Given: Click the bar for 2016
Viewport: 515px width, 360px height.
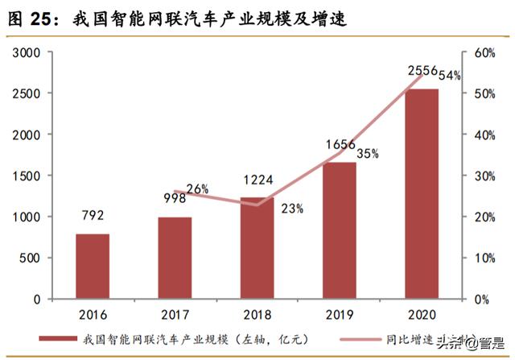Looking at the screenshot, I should (92, 267).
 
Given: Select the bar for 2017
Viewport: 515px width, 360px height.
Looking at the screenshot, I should (175, 258).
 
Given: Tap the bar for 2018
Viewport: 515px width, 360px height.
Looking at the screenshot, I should (257, 248).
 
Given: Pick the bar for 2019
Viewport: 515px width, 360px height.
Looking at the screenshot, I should (340, 230).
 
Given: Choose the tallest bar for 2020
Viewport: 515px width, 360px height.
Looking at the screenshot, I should (422, 193).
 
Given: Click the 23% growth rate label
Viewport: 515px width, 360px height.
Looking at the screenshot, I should (292, 209).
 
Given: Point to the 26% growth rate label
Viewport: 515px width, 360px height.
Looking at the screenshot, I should (197, 189).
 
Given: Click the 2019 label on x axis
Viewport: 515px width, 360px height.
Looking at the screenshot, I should (340, 314).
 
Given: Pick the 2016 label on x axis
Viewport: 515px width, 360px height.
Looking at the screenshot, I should (92, 314).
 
